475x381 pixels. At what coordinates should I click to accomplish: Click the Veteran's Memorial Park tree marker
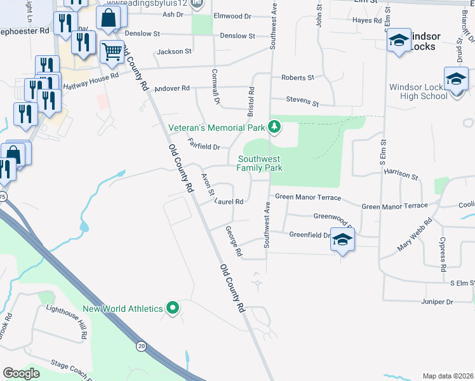point(274,127)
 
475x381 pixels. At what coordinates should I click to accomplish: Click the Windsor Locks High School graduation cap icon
point(456,79)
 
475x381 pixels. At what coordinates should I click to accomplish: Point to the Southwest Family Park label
point(259,163)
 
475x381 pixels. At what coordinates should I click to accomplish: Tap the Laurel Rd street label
point(229,201)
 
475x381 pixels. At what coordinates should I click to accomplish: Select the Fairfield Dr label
point(203,144)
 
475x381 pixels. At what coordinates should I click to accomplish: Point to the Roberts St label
point(298,77)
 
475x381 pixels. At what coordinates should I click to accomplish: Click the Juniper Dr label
point(436,302)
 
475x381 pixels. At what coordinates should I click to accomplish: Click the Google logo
point(22,373)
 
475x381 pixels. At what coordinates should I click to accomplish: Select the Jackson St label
point(174,51)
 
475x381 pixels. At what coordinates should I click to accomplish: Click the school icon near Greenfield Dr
point(343,240)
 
